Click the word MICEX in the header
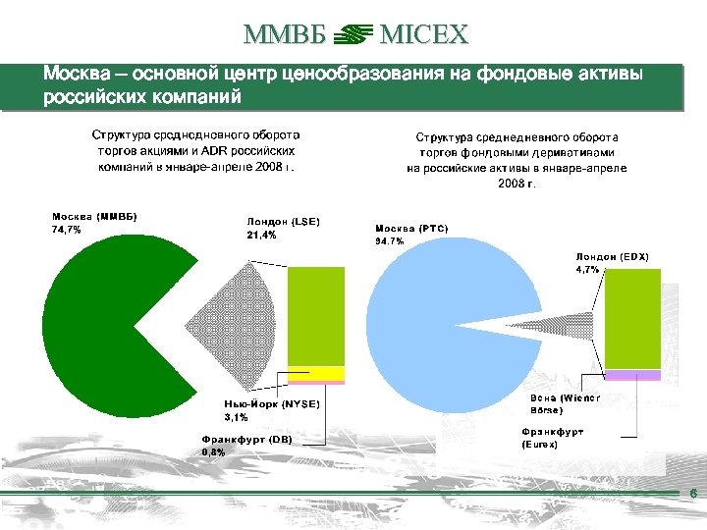424,36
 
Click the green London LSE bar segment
316,314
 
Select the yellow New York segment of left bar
316,372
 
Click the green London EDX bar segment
632,319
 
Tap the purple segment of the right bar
632,375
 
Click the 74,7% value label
66,231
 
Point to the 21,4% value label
261,236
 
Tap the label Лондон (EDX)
612,256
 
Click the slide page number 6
693,495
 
